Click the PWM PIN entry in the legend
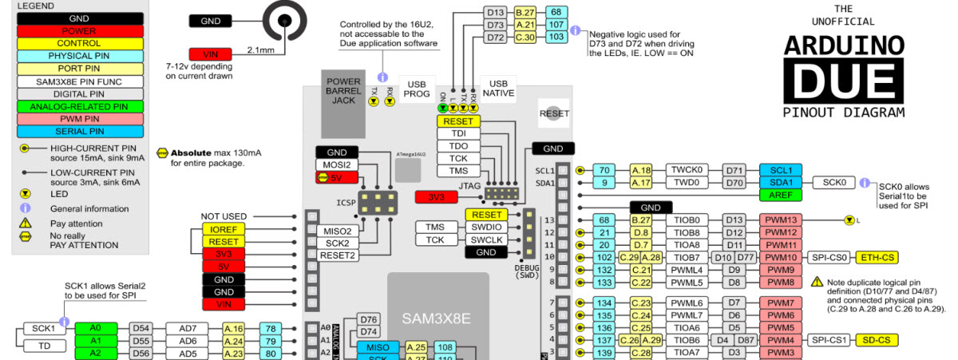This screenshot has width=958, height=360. [x=78, y=119]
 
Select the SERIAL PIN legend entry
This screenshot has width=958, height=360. [x=78, y=132]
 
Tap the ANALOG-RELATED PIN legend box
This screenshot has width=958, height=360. [x=78, y=106]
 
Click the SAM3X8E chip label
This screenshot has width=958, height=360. [x=437, y=318]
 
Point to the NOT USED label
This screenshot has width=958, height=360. [x=224, y=216]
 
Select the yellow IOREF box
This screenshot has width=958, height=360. [x=224, y=229]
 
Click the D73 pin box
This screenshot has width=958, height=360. [x=495, y=25]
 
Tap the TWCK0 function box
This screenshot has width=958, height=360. [x=687, y=170]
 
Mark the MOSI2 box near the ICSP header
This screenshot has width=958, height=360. [x=337, y=164]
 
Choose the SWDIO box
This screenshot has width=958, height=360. [x=487, y=227]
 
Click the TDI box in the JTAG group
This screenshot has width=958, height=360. [x=459, y=134]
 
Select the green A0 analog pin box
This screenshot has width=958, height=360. [x=95, y=328]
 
